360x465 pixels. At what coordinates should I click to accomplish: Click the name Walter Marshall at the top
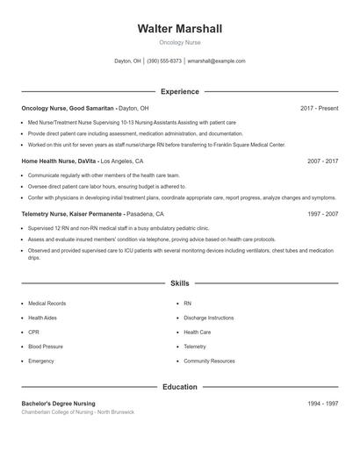180,29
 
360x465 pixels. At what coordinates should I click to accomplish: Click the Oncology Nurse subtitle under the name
180,42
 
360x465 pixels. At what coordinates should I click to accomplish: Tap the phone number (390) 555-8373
164,61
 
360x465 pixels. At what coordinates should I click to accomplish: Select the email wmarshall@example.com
217,61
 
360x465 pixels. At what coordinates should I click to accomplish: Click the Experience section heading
180,91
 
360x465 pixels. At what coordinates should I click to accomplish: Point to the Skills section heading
180,284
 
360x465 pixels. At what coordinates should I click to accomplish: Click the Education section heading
180,387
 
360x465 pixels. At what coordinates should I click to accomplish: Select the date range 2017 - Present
319,108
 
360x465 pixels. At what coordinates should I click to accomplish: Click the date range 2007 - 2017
322,161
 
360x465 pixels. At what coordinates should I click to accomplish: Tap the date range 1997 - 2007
322,214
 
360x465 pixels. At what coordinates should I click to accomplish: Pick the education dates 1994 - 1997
322,404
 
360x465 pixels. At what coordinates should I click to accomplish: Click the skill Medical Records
47,304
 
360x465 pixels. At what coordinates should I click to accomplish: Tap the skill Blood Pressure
46,347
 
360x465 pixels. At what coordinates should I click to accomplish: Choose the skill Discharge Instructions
208,318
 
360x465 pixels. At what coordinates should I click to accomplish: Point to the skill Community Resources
209,361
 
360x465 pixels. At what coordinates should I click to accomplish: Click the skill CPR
33,333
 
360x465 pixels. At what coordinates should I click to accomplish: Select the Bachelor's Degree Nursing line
58,404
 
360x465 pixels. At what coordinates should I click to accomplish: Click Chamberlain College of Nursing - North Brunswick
78,412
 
